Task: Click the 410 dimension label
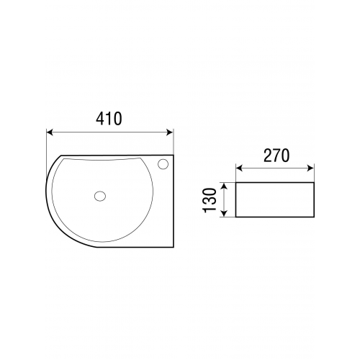tap(109, 119)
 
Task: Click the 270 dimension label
tap(276, 156)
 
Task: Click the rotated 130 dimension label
tap(210, 200)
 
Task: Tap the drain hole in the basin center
tap(100, 196)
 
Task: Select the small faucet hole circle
tap(163, 164)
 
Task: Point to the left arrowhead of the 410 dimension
tap(49, 132)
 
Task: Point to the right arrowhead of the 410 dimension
tap(170, 132)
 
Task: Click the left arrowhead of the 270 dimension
tap(239, 168)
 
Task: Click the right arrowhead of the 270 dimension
tap(310, 168)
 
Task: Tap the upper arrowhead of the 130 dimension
tap(224, 186)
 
